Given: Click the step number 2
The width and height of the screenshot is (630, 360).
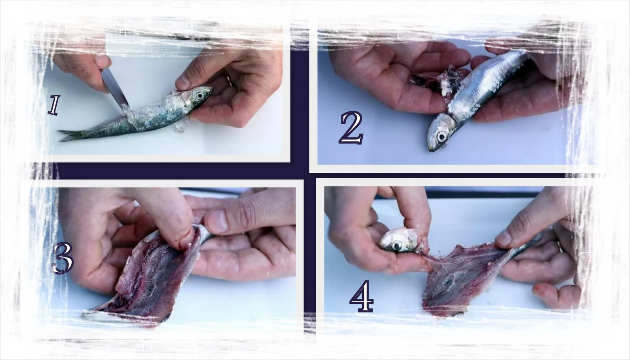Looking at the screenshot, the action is coord(351,128).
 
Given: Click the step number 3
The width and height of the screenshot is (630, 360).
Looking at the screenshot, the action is coord(63,258).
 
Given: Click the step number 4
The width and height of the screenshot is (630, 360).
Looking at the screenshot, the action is coord(362,296).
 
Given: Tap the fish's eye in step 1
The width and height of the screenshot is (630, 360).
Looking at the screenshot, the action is coord(200,96).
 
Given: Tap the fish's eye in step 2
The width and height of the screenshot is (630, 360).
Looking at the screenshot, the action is coord(441,137).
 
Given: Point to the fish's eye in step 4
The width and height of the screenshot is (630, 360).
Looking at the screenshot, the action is coord(397,246).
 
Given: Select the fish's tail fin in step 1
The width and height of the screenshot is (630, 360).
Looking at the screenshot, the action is coord(70,135).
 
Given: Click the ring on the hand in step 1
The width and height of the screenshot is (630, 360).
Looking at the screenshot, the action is coord(230,81).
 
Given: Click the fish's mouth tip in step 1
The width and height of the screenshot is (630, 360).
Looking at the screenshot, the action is coord(212,89).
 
